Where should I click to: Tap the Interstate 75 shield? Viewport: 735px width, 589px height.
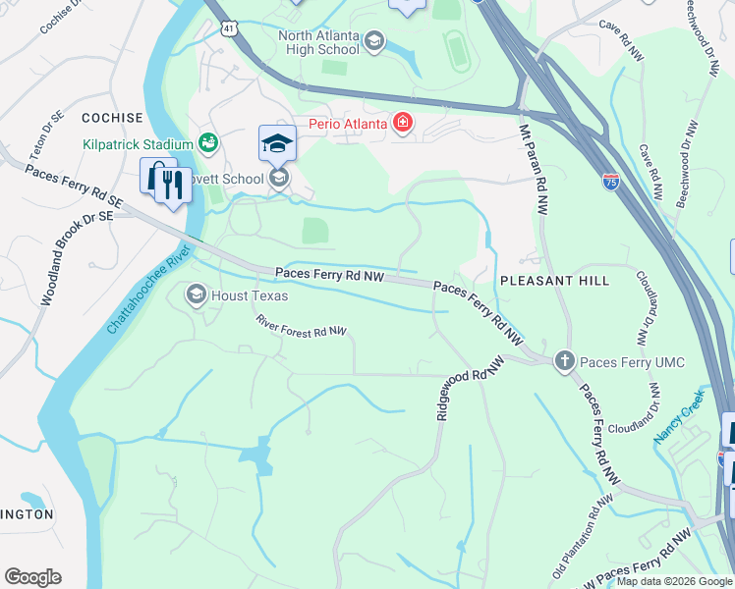pos(610,183)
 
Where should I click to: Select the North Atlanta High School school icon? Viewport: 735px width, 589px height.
pos(374,41)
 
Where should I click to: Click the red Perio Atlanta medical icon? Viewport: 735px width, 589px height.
pos(402,123)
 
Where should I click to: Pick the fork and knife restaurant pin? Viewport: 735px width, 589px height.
pos(173,185)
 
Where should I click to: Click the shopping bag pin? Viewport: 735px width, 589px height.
pos(155,176)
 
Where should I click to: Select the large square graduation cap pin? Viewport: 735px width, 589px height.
pos(277,142)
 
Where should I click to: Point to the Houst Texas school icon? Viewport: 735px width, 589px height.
pos(196,294)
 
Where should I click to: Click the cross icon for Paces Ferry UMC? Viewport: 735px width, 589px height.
pos(564,362)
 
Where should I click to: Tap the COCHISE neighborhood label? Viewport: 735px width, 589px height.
pos(112,118)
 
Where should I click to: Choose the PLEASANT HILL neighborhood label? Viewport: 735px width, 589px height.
pos(554,281)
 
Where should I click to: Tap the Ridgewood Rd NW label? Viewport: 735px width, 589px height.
pos(470,388)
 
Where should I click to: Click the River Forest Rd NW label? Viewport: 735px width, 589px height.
pos(302,326)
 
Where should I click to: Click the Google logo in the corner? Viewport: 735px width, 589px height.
pos(32,577)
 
